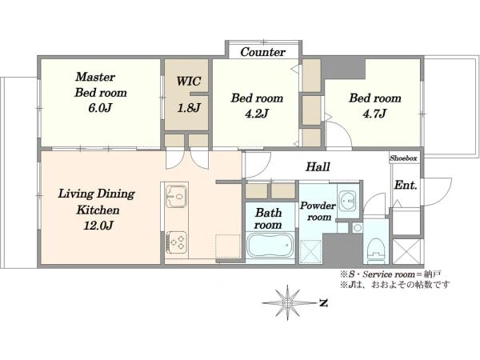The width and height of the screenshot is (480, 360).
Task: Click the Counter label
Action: pyautogui.click(x=262, y=52)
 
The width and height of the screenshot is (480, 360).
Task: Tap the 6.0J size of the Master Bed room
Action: pyautogui.click(x=100, y=108)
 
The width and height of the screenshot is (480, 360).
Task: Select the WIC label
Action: pyautogui.click(x=189, y=82)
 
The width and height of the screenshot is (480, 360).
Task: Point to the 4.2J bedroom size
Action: pyautogui.click(x=257, y=114)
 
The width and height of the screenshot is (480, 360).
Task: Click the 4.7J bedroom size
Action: pyautogui.click(x=374, y=114)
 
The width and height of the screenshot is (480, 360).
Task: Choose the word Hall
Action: pyautogui.click(x=318, y=167)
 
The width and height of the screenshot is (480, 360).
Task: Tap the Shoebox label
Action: pyautogui.click(x=403, y=158)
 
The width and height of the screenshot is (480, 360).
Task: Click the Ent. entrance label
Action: pyautogui.click(x=406, y=186)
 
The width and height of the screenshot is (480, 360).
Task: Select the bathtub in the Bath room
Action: pyautogui.click(x=270, y=246)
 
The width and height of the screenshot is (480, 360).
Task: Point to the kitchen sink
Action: pyautogui.click(x=176, y=196)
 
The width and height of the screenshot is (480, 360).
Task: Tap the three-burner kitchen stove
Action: pyautogui.click(x=176, y=242)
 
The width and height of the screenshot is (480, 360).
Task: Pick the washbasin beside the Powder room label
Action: pyautogui.click(x=348, y=201)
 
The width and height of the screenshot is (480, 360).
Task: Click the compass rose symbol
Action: pyautogui.click(x=287, y=302)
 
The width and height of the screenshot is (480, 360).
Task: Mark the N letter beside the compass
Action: pyautogui.click(x=323, y=303)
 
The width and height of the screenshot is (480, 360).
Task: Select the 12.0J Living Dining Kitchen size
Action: pyautogui.click(x=98, y=226)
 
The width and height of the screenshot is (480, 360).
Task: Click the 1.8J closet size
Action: pyautogui.click(x=189, y=108)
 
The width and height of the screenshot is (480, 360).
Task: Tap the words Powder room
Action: pyautogui.click(x=318, y=211)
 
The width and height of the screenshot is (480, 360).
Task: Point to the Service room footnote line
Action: pyautogui.click(x=390, y=274)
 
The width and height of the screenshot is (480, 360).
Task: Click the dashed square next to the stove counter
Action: pyautogui.click(x=227, y=246)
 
